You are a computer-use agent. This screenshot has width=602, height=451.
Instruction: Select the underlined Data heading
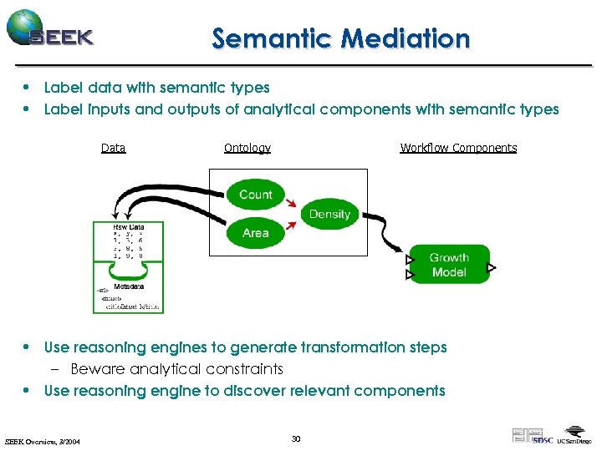coord(113,148)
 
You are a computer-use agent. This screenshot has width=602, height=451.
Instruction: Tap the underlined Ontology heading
coord(247,148)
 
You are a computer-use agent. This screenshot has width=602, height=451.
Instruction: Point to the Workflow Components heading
coord(458,148)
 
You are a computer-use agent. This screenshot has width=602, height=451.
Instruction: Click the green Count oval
coord(256,195)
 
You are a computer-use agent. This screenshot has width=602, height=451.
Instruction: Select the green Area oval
coord(256,233)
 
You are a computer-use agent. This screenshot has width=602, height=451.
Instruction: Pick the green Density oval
coord(329,215)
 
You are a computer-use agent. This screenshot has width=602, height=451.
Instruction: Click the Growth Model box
coord(449,266)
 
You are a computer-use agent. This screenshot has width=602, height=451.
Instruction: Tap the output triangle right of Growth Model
coord(492,268)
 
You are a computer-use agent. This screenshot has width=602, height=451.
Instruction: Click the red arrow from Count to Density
coord(290,204)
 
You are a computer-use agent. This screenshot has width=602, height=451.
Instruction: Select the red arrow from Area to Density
coord(291,224)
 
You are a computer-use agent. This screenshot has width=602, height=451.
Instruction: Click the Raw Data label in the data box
coord(128,226)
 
